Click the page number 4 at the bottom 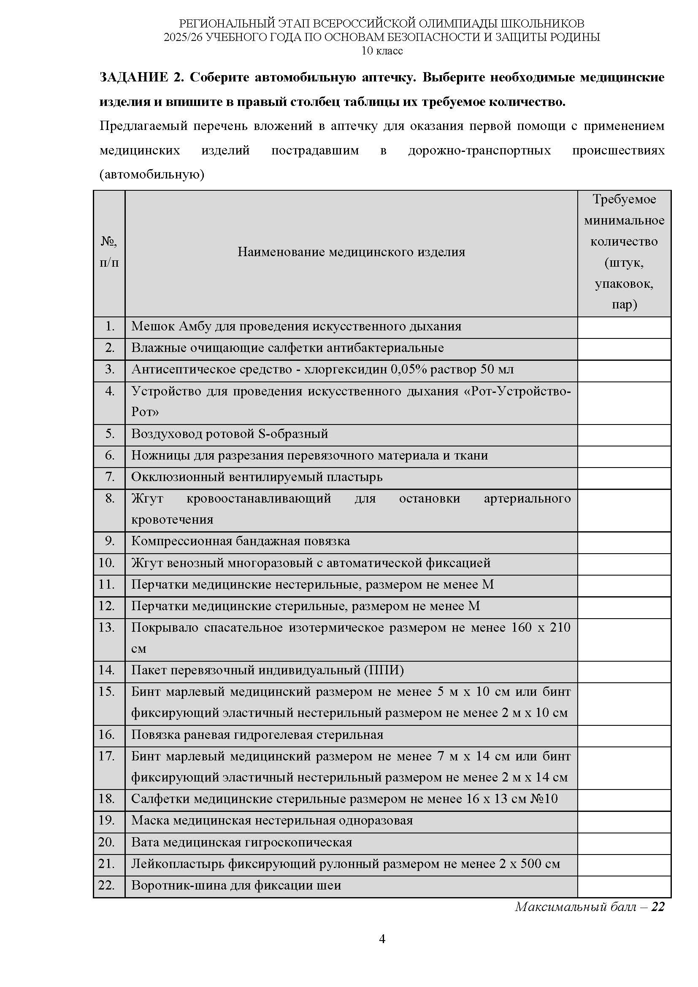(381, 939)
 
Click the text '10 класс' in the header (381, 51)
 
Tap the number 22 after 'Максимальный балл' (658, 906)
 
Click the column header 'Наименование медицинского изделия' (351, 252)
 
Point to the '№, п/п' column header (109, 252)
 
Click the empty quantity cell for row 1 (624, 327)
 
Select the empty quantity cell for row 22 (624, 886)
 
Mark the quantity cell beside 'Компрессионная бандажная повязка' (624, 542)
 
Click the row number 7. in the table (110, 477)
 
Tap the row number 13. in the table (107, 627)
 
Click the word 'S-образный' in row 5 (293, 434)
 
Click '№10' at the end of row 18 (544, 799)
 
